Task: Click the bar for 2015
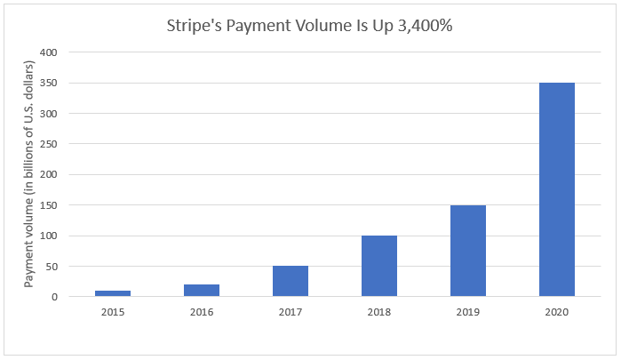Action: [113, 293]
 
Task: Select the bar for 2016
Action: [202, 291]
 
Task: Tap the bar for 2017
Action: [291, 281]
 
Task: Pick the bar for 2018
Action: [379, 266]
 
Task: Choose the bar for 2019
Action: [468, 251]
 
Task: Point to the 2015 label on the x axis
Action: [113, 311]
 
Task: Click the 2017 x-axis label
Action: [291, 311]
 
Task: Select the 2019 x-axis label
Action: [468, 311]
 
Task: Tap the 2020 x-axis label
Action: [557, 311]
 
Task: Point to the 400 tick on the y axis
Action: [50, 52]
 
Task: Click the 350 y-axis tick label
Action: [50, 84]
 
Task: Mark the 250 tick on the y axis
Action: [50, 144]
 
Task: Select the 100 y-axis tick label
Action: [50, 236]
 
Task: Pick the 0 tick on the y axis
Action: [55, 297]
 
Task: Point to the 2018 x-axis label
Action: [379, 311]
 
